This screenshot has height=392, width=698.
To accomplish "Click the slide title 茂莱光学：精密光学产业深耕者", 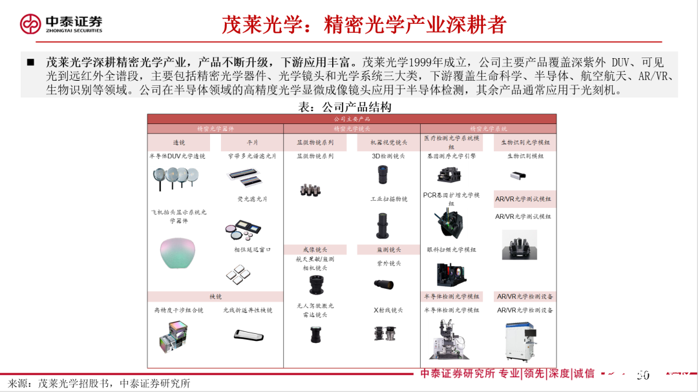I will click(364, 25).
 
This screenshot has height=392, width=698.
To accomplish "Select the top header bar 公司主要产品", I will click(352, 119).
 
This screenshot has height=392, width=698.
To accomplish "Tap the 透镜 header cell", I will click(179, 143).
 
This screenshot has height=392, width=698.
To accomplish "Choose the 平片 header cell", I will click(252, 143).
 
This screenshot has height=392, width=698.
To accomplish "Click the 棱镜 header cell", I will click(215, 296).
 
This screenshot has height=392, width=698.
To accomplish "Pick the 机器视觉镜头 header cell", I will click(388, 143).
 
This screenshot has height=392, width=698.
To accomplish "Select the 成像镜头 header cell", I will click(315, 249).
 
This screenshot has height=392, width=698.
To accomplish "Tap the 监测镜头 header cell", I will click(388, 249).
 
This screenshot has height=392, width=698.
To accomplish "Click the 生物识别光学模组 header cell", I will click(525, 143).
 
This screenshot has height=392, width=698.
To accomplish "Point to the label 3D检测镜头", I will click(388, 156).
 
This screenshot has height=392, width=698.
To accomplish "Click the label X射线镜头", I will click(388, 311).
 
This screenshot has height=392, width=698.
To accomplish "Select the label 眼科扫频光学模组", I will click(451, 249).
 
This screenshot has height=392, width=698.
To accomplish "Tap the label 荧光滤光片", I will click(252, 199).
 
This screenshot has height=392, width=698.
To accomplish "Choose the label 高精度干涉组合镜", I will click(179, 311).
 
